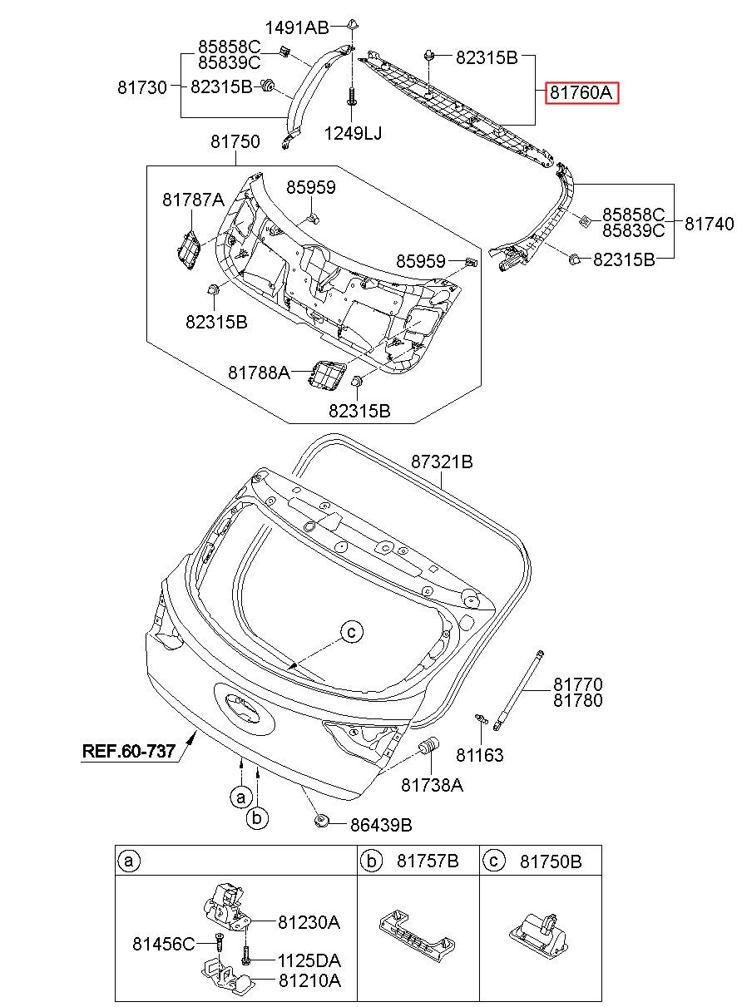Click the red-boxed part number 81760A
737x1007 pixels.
(581, 93)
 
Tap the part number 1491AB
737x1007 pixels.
(297, 28)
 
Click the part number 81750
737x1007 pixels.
(235, 141)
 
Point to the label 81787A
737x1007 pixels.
(193, 199)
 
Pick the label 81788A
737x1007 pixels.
(259, 373)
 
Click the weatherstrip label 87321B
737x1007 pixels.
(442, 462)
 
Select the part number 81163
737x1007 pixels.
(480, 755)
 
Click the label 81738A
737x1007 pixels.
(432, 785)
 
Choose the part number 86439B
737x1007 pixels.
(381, 825)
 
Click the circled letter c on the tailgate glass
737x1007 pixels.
(352, 632)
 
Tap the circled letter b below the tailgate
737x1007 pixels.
(257, 817)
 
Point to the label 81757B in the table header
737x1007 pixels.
(428, 861)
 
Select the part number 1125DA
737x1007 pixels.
(309, 960)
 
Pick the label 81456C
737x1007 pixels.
(164, 944)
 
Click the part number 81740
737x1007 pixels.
(709, 224)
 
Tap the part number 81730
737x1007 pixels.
(142, 86)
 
